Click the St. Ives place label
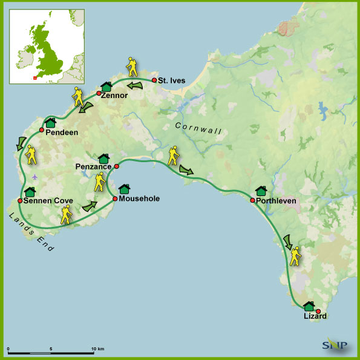172,80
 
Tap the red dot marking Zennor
99,93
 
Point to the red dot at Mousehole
114,198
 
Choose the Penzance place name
94,165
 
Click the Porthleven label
276,201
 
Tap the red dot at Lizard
318,311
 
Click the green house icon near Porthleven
261,191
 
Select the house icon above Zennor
106,87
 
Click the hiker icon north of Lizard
295,257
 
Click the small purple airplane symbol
35,176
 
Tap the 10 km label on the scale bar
97,349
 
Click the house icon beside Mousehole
124,189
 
